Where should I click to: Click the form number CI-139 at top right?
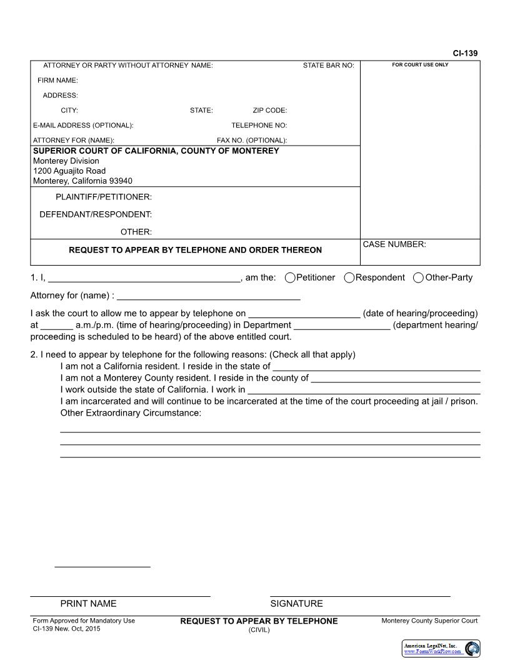click(x=465, y=54)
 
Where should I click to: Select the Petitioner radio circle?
click(x=290, y=277)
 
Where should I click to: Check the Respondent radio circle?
click(x=349, y=277)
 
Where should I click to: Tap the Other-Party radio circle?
click(x=418, y=277)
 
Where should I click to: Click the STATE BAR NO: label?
click(x=328, y=66)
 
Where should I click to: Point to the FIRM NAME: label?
click(x=57, y=81)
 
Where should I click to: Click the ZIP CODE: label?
click(x=269, y=111)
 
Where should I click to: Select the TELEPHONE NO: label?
click(x=259, y=126)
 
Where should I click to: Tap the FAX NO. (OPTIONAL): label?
click(x=251, y=141)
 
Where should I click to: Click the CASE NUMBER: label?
click(x=394, y=244)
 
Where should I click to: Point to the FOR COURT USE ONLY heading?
click(x=420, y=65)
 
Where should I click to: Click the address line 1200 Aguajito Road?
click(x=69, y=171)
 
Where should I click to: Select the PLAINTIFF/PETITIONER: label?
click(x=104, y=197)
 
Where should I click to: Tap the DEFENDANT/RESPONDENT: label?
click(x=96, y=214)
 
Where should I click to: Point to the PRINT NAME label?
click(x=88, y=604)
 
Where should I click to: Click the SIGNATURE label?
click(x=296, y=604)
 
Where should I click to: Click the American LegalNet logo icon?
click(x=472, y=649)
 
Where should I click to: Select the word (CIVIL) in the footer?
click(x=259, y=630)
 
